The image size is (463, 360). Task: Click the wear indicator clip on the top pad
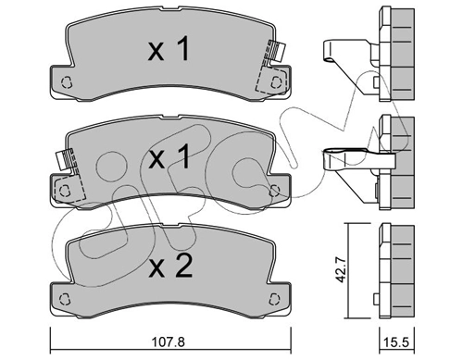(273, 55)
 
